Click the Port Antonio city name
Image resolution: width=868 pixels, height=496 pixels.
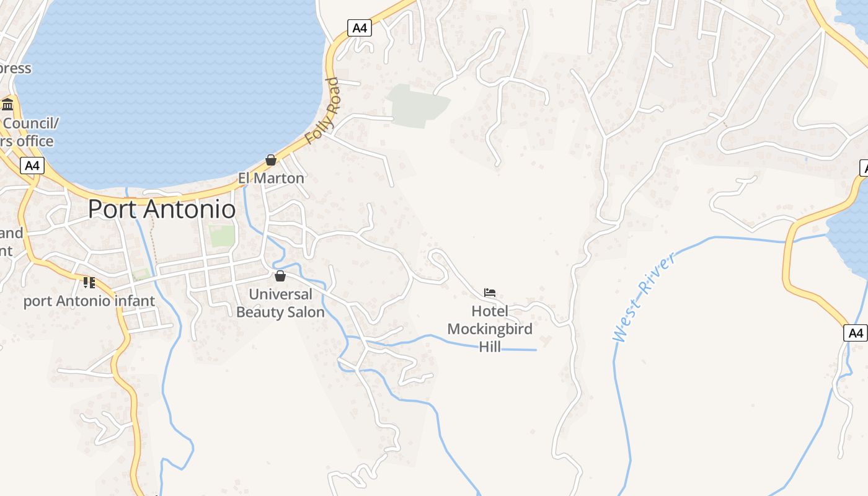click(x=162, y=209)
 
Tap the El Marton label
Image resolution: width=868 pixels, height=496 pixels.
click(x=271, y=178)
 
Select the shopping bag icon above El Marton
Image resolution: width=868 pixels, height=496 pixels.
click(x=271, y=160)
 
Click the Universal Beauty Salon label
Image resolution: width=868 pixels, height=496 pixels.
click(x=280, y=303)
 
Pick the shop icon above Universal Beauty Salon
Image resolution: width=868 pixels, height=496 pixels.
click(x=280, y=276)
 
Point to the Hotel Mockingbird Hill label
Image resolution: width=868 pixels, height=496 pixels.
click(x=490, y=329)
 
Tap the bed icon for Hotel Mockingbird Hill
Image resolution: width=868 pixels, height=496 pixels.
click(x=490, y=292)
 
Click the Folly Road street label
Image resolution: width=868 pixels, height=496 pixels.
click(x=323, y=112)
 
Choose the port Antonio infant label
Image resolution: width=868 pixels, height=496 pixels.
click(x=89, y=301)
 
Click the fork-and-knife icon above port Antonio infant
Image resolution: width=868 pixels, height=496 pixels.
click(x=89, y=283)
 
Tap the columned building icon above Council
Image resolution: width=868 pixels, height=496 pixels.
click(x=7, y=104)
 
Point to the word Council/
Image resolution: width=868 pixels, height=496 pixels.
click(x=31, y=123)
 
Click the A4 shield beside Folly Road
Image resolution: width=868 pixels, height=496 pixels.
click(x=359, y=28)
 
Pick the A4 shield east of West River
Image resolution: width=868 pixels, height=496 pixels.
click(x=856, y=333)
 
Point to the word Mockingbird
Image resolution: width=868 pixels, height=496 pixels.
click(x=490, y=329)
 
